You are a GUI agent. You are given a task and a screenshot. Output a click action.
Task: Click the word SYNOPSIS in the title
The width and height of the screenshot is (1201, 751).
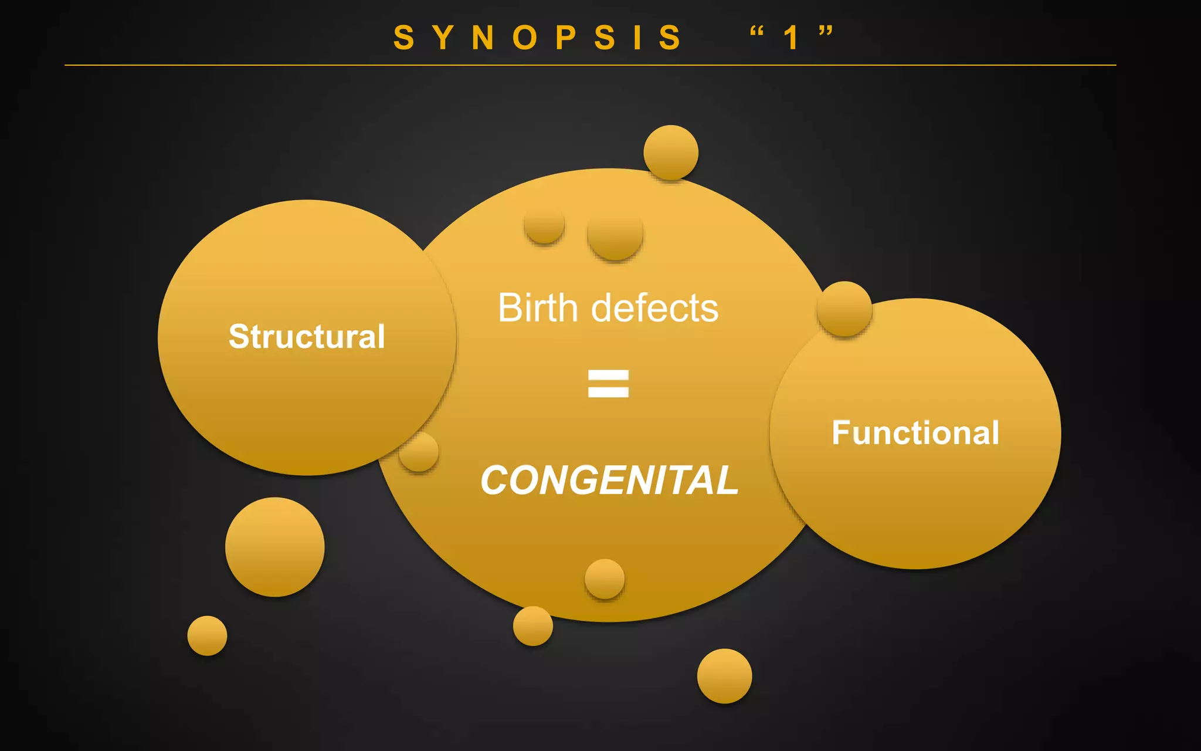(x=538, y=38)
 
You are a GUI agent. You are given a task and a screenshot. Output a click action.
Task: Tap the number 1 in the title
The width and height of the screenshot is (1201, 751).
(x=791, y=38)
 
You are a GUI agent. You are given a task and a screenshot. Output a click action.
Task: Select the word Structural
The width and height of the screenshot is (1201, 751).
(x=307, y=336)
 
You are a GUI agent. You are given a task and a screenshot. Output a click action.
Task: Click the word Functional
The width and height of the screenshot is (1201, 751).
(x=915, y=432)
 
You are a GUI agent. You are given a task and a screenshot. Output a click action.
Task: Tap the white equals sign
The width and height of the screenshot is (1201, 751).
(x=608, y=383)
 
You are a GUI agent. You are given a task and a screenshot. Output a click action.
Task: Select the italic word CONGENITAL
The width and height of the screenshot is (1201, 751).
(x=609, y=480)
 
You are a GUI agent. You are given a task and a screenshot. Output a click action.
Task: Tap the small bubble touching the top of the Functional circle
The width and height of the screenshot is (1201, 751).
(x=844, y=309)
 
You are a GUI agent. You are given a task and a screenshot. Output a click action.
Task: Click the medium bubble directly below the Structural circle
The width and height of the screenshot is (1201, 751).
(x=274, y=547)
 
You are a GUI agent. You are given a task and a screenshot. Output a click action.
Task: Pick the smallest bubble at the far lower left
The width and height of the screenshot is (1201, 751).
(x=207, y=635)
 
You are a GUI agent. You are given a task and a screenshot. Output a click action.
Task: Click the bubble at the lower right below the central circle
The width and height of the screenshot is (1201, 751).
(x=724, y=676)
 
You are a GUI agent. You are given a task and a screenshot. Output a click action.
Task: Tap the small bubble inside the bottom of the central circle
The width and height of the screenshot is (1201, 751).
(x=605, y=579)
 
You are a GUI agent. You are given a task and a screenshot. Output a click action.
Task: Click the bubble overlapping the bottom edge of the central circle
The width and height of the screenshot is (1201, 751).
(x=532, y=626)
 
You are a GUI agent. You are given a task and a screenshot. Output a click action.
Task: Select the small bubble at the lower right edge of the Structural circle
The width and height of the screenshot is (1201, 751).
(x=419, y=452)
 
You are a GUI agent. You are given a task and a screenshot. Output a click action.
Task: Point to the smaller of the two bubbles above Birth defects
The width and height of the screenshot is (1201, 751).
(x=544, y=224)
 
